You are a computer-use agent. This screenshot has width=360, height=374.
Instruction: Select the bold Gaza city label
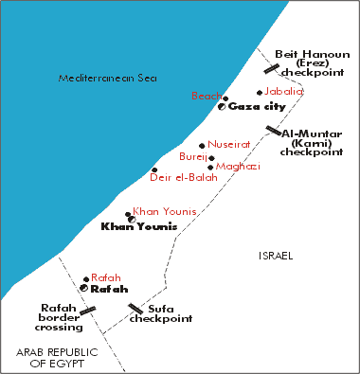point(258,107)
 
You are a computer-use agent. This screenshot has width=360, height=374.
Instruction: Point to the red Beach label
point(206,97)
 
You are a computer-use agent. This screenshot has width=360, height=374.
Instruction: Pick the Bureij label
point(192,157)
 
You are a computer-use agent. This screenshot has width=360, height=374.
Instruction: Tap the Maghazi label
point(236,167)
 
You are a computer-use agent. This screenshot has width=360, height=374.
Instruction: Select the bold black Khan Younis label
point(138,227)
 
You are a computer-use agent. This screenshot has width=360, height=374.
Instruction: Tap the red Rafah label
point(106,276)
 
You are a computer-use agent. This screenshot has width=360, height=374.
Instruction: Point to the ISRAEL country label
point(276,257)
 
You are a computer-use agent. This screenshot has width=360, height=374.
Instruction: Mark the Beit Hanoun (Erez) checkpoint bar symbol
point(272,68)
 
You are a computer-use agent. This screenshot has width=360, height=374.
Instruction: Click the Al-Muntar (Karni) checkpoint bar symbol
point(273,132)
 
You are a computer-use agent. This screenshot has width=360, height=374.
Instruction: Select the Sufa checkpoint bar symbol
point(135,309)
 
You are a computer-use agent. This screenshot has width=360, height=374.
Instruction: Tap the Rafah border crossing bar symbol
point(88,310)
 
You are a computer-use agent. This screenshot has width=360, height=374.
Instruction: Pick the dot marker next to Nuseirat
point(202,146)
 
